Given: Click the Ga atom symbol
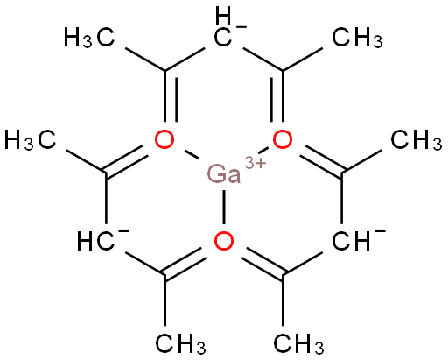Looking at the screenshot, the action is point(224,174).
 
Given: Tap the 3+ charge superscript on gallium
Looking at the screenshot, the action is point(255,163).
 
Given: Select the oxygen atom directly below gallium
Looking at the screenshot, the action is point(224,241).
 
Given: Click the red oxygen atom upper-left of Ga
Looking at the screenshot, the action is point(164,139).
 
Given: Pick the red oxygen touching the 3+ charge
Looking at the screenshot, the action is point(283,139).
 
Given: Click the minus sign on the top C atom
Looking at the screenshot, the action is point(241,28).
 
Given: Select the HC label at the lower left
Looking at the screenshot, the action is point(95,241).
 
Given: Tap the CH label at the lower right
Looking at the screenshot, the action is point(351,241).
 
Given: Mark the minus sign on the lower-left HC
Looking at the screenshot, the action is point(123,232).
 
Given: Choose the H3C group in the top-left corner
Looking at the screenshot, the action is point(89,38).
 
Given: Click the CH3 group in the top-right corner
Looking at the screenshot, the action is point(358,38).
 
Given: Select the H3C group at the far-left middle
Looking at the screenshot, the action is point(30,140).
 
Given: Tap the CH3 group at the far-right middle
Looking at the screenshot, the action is point(416,140).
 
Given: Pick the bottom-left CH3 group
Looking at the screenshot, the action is point(181,344).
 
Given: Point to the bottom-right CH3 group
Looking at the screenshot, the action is point(298,344).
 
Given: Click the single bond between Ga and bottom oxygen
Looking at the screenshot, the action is point(224,207).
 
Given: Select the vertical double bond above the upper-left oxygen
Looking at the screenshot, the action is point(171,95).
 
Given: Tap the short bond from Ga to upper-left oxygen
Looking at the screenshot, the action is point(192,155).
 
